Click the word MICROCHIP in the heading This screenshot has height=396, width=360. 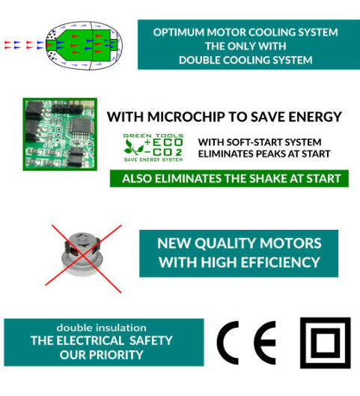click(x=186, y=117)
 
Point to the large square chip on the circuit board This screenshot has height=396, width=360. click(x=80, y=126)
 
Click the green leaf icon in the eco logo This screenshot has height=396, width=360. click(x=133, y=147)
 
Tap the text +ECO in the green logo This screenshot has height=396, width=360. click(x=163, y=142)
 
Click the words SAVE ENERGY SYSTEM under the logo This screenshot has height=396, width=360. click(x=153, y=159)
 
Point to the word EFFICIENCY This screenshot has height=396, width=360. click(x=281, y=262)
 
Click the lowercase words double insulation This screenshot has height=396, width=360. click(x=102, y=328)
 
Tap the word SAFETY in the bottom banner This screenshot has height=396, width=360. click(x=150, y=341)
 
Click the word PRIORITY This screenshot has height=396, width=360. click(x=115, y=355)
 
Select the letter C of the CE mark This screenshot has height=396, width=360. click(x=228, y=343)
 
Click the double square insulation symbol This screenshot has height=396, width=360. click(x=302, y=343)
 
